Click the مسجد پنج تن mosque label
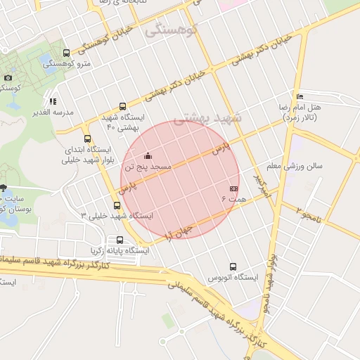(148, 167)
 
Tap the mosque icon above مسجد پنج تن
(148, 156)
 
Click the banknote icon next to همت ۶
(234, 189)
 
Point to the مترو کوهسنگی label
(61, 63)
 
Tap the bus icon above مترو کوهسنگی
(66, 53)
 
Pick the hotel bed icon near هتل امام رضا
(300, 96)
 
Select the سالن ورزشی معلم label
(295, 167)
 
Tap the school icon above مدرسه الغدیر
(53, 101)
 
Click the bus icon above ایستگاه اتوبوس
(233, 266)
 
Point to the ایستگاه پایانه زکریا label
(120, 250)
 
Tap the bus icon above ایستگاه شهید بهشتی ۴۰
(123, 107)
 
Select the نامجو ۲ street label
(307, 214)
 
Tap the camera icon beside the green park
(8, 77)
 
